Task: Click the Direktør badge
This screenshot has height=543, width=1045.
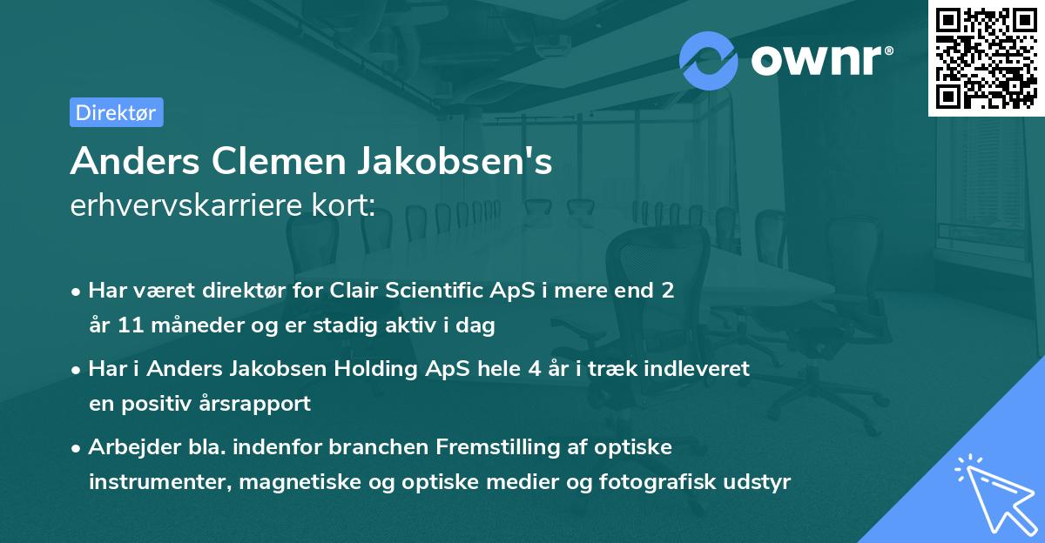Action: (116, 112)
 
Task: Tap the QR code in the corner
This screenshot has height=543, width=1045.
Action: (985, 57)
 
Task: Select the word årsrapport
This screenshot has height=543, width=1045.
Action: (262, 404)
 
